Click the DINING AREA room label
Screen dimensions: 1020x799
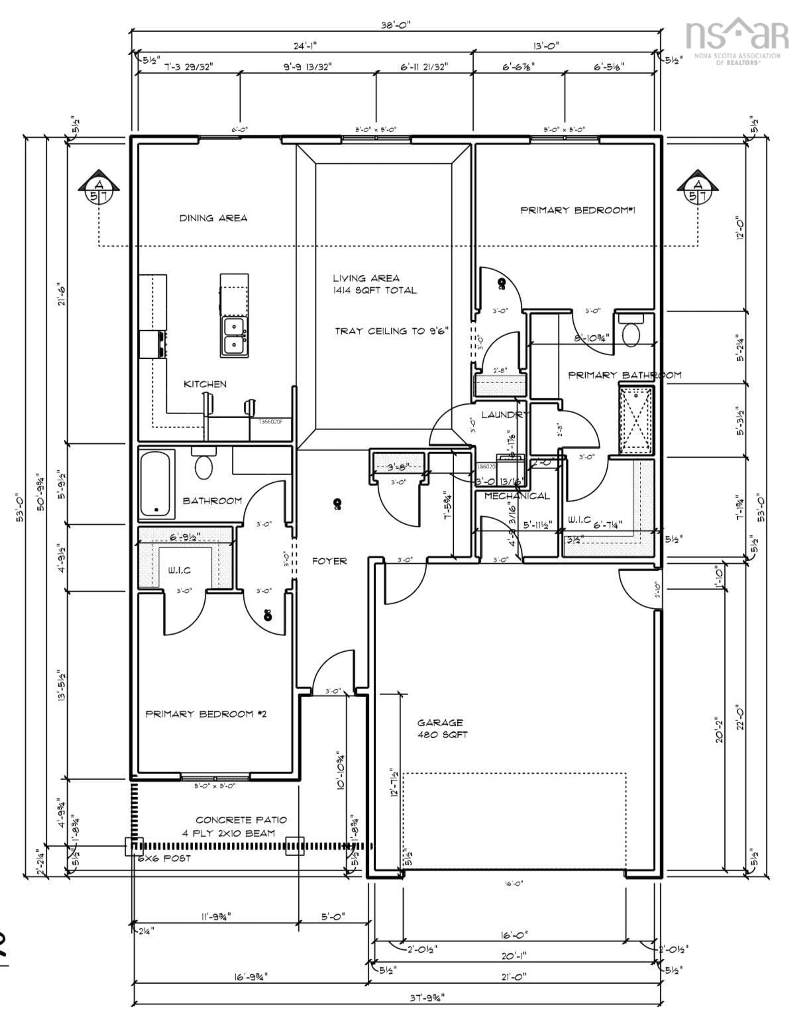(213, 218)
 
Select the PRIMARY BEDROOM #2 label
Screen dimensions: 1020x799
(206, 714)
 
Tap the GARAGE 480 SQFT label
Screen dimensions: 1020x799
(442, 729)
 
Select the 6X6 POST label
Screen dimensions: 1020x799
(164, 859)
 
